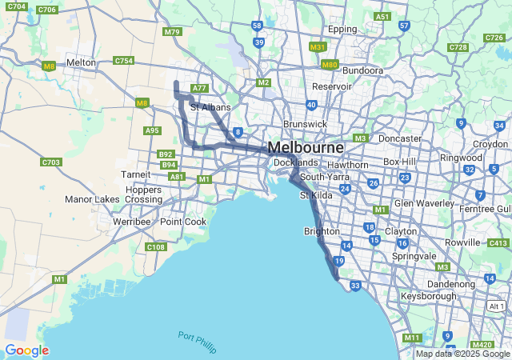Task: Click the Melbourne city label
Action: click(306, 148)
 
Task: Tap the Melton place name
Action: click(81, 62)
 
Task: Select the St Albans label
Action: click(210, 107)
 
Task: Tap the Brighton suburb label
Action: click(322, 231)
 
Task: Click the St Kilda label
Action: click(315, 195)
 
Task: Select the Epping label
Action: click(342, 30)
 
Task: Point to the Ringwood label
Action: click(460, 158)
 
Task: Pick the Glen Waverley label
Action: click(425, 202)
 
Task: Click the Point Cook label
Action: click(182, 222)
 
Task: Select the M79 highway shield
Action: click(171, 32)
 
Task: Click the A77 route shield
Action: click(199, 88)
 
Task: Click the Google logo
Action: click(26, 350)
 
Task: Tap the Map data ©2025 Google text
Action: click(462, 354)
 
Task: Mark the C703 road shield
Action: click(50, 162)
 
